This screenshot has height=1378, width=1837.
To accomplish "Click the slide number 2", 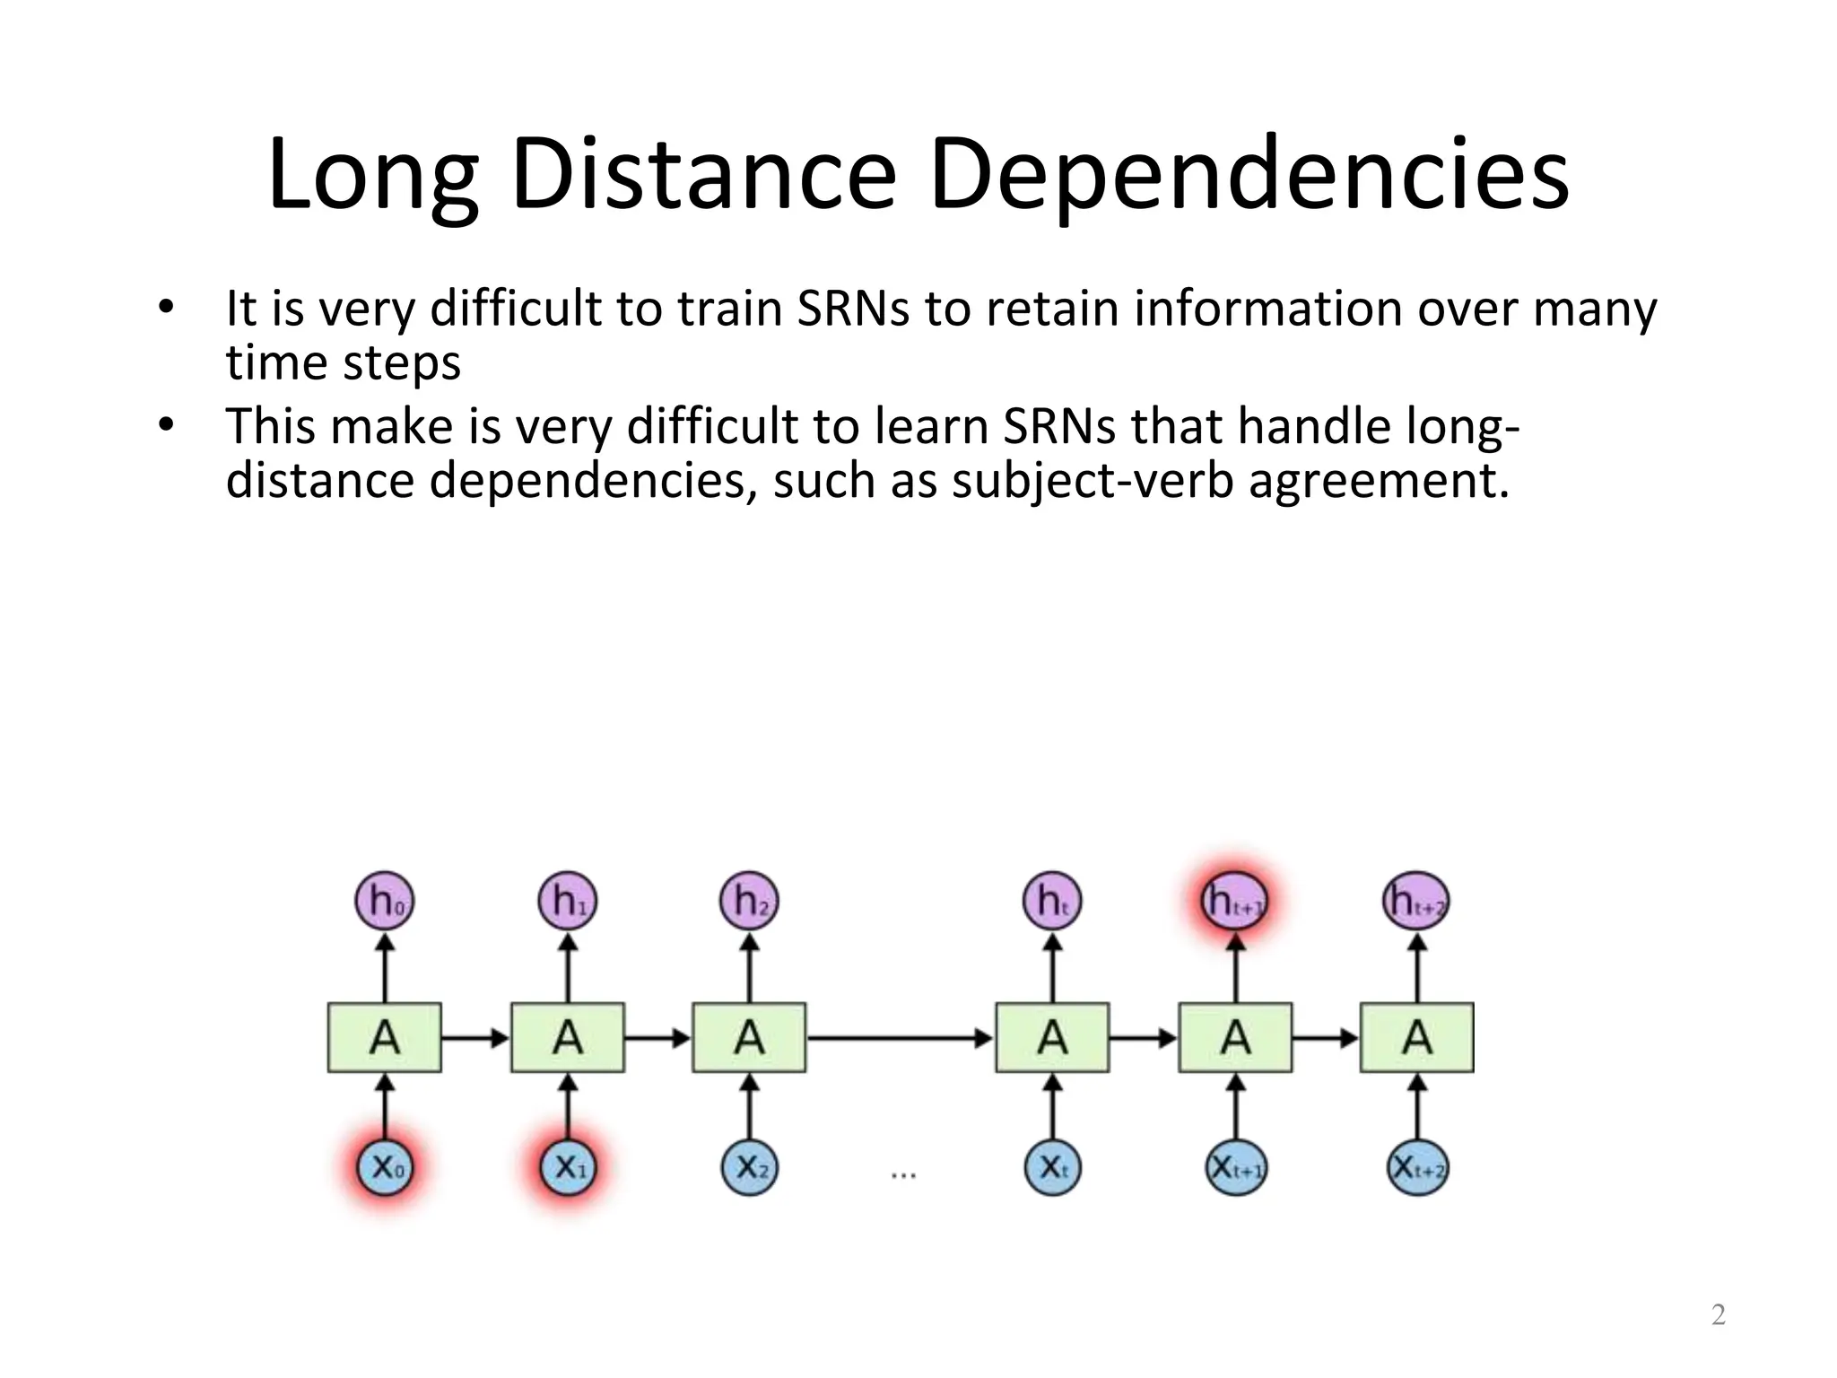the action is (x=1718, y=1315).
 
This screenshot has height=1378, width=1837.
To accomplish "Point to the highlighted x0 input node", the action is (x=386, y=1167).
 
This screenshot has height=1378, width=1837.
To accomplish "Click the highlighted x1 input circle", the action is (x=568, y=1167).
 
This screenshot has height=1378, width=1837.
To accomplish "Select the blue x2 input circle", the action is (x=750, y=1167).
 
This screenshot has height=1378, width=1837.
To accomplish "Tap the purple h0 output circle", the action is (x=385, y=901).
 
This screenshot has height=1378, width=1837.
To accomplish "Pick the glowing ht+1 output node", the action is (x=1235, y=901).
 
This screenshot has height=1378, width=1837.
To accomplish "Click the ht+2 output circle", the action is (x=1416, y=901).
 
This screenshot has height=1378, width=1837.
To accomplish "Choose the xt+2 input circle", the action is (x=1417, y=1167).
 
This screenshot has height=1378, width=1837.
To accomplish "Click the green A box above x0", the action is (x=385, y=1038).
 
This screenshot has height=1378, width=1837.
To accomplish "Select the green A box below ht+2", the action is (x=1417, y=1038).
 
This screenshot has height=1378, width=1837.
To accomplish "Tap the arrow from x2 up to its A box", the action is (x=750, y=1107).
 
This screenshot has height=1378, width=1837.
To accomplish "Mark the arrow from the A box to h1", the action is (x=568, y=968).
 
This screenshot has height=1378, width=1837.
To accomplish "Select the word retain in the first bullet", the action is (x=1052, y=310).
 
